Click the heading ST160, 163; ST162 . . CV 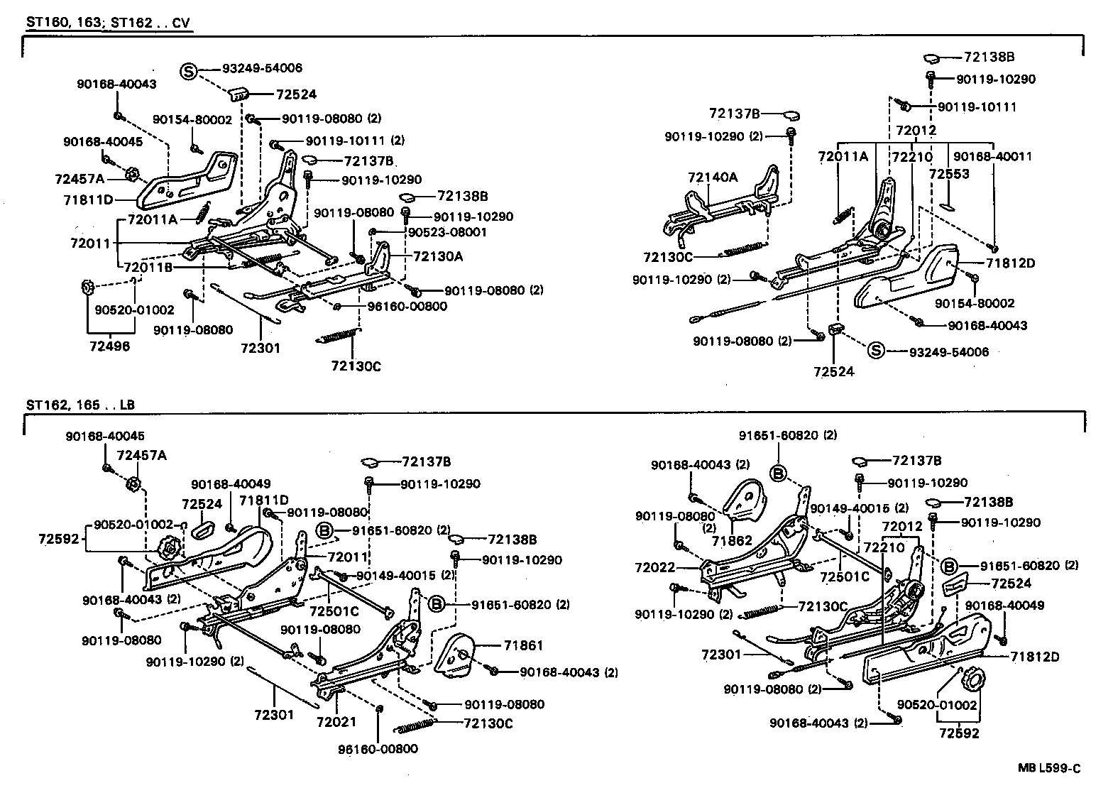click(x=108, y=22)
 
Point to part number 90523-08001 click(x=447, y=232)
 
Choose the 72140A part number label click(x=712, y=177)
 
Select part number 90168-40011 click(x=992, y=156)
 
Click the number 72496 click(x=110, y=346)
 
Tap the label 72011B click(x=148, y=268)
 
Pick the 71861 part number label click(x=523, y=645)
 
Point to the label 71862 click(x=732, y=541)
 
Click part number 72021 click(x=336, y=721)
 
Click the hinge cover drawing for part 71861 click(x=454, y=657)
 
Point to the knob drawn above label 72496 click(x=88, y=288)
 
